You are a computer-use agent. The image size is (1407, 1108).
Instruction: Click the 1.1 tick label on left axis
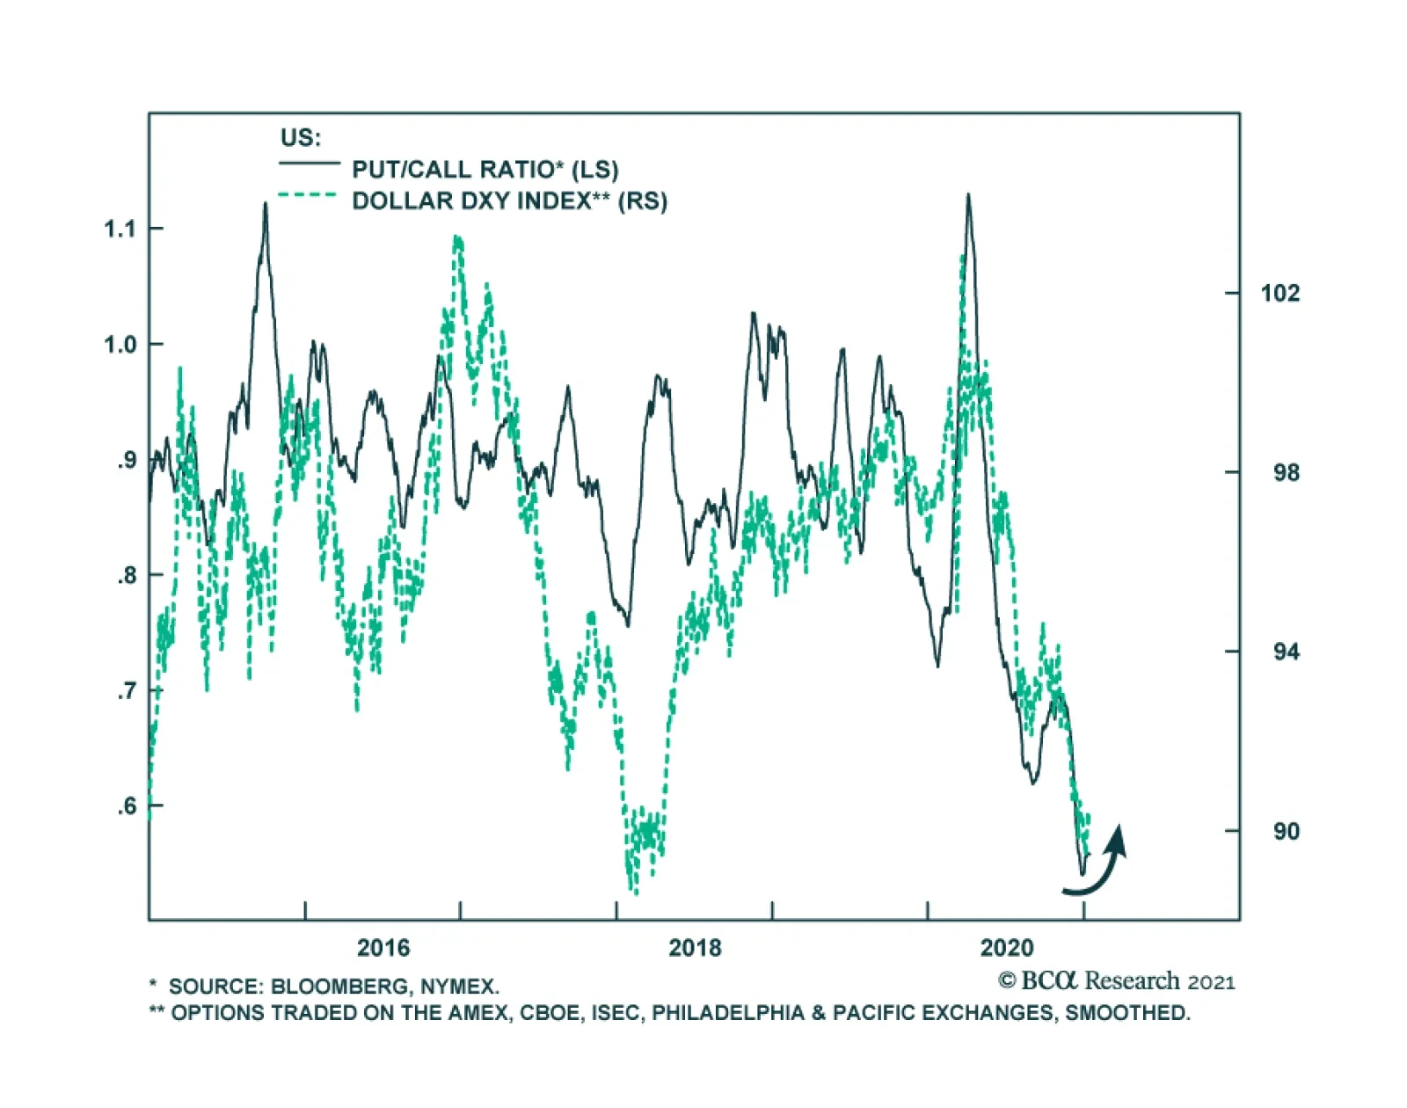point(120,230)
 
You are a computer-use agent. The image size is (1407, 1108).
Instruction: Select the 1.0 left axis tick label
point(120,345)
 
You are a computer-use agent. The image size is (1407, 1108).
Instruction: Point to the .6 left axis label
point(128,806)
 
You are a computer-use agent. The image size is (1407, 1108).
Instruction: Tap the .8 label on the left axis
point(128,576)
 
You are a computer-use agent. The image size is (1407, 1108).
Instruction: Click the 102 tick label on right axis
point(1279,294)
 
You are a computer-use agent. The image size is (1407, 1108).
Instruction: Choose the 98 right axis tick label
point(1286,473)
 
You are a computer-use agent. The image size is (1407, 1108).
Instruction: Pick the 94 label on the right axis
point(1286,652)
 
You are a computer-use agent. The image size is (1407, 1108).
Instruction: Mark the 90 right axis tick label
point(1286,832)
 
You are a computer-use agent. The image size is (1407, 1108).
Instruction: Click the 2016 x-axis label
point(383,948)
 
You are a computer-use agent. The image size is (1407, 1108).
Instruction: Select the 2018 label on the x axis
point(695,948)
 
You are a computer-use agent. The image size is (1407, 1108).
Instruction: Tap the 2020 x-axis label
point(1007,948)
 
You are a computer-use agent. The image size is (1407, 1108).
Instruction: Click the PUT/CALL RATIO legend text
point(485,169)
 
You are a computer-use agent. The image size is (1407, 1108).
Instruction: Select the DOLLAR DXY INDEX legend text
point(509,201)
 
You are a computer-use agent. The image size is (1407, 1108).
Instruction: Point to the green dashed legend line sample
point(308,195)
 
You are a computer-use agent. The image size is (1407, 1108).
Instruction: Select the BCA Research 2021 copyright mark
point(1117,981)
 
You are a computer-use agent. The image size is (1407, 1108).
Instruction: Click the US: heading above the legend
point(301,138)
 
